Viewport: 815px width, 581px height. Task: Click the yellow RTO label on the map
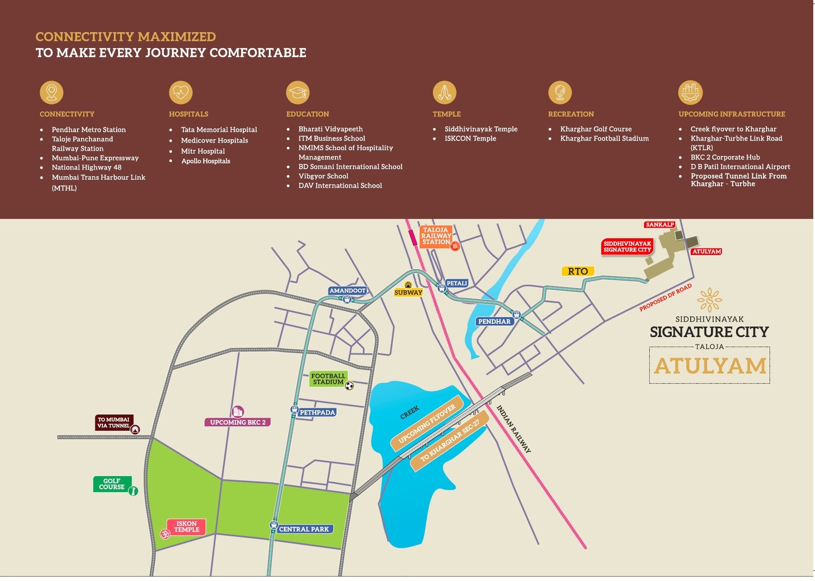point(577,271)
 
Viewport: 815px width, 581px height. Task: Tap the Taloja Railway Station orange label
point(435,236)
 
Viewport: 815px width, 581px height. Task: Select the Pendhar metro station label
point(494,322)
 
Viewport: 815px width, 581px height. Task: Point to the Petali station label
point(456,283)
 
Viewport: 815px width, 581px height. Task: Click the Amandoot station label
point(347,291)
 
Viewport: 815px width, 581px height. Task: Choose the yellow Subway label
point(408,292)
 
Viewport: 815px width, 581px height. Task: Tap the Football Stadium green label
point(328,379)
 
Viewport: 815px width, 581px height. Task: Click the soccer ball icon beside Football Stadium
point(349,386)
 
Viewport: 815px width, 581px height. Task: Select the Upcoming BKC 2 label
point(238,422)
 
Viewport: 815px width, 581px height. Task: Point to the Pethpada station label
point(317,413)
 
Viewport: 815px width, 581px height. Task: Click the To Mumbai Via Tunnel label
point(114,422)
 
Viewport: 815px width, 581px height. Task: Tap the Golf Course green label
point(112,484)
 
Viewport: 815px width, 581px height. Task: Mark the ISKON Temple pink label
point(187,527)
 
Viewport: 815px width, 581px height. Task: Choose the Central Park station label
point(304,529)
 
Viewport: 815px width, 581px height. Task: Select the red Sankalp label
point(659,225)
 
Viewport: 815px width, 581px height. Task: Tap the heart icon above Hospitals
point(181,93)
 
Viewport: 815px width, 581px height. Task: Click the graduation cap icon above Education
point(298,93)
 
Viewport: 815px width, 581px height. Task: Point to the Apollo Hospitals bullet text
point(206,161)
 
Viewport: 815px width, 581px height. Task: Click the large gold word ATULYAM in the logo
point(710,366)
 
